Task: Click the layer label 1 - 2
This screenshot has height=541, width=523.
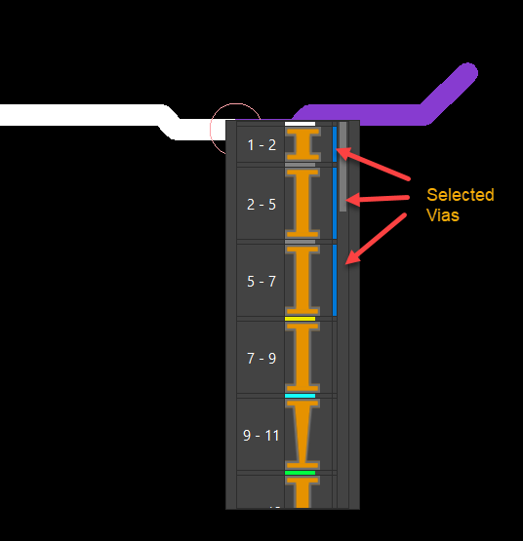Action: tap(261, 145)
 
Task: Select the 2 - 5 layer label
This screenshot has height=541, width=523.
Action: tap(261, 205)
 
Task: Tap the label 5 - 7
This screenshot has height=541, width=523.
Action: tap(261, 282)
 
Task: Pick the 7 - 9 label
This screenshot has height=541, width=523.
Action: tap(261, 359)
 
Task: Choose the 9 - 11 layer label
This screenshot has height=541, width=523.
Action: tap(261, 436)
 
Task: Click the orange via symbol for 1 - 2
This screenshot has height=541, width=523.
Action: tap(302, 144)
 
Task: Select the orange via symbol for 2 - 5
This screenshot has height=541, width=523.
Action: tap(302, 203)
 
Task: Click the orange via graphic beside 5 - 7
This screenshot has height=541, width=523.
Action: tap(302, 280)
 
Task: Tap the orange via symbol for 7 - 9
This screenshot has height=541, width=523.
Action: tap(302, 357)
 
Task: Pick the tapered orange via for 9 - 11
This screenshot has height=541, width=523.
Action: tap(302, 434)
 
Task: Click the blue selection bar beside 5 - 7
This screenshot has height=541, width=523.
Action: tap(335, 280)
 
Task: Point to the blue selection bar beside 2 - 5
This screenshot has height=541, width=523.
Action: tap(335, 203)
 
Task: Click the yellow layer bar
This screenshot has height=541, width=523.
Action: tap(301, 319)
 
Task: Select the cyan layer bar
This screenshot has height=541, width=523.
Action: tap(301, 396)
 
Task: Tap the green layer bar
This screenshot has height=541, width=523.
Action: tap(301, 473)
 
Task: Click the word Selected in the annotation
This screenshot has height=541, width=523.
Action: tap(461, 195)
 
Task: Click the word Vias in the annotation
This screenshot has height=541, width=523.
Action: tap(443, 215)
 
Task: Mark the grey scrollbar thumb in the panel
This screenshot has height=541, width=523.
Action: tap(342, 167)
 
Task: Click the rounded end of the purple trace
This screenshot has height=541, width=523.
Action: tap(467, 73)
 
